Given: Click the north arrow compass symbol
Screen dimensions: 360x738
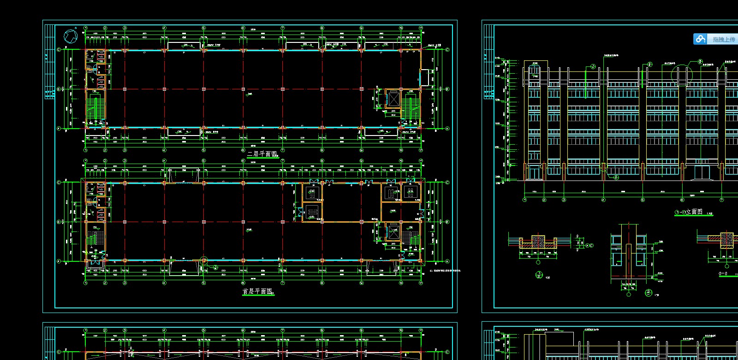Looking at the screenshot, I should click(x=70, y=36).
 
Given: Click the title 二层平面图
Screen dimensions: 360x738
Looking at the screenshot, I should click(x=262, y=153).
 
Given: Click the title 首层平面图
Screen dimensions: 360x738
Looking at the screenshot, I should click(x=257, y=291).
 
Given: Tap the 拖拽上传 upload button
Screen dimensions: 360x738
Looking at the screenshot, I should click(x=716, y=39).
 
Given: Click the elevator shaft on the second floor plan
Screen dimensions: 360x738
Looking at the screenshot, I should click(x=393, y=99).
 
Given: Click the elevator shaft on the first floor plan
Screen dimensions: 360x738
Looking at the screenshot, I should click(x=393, y=232).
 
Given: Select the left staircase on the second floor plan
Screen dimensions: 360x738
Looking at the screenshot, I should click(x=95, y=106).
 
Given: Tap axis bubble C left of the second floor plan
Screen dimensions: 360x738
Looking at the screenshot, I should click(x=59, y=49).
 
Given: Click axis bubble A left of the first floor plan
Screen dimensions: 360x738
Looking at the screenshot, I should click(x=59, y=261).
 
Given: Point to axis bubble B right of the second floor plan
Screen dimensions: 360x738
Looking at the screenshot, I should click(x=447, y=89).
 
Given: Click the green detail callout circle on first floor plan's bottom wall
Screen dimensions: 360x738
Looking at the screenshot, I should click(x=203, y=261).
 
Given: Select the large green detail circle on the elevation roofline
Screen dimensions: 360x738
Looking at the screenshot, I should click(x=682, y=75).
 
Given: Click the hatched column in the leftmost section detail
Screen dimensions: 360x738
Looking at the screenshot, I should click(x=538, y=242).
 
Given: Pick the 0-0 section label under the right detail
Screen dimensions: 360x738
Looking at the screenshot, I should click(x=723, y=274).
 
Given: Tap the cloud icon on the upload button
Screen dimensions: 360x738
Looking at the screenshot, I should click(x=701, y=39).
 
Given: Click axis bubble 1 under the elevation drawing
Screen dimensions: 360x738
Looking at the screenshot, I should click(x=524, y=200).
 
